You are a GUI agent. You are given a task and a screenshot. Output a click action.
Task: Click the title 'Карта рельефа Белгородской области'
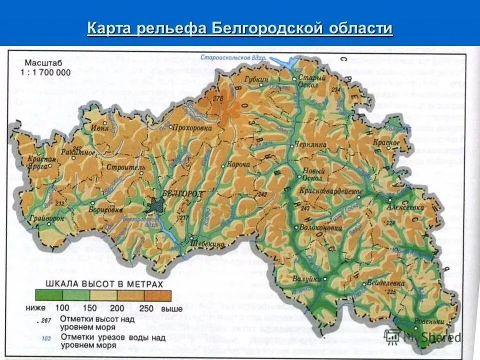tap(240, 28)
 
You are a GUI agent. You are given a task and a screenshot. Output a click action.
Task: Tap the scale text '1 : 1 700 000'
tap(46, 72)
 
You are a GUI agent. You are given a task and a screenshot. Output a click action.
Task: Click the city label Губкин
tap(256, 79)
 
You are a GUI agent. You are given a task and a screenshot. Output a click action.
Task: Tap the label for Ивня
tap(99, 128)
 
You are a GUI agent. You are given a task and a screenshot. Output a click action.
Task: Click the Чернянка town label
tap(310, 144)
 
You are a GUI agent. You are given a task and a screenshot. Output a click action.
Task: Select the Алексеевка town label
tap(405, 206)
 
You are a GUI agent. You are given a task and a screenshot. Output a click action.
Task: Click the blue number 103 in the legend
tap(47, 338)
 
